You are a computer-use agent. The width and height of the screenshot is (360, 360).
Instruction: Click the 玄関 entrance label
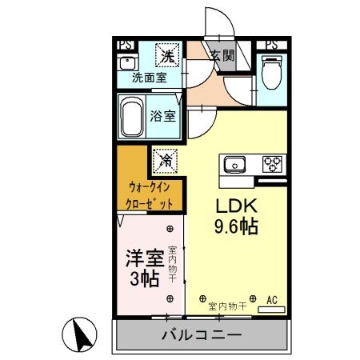point(222,56)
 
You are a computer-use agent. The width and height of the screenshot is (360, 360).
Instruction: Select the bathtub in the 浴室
point(132,118)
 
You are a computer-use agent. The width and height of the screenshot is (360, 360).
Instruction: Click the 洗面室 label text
point(149,78)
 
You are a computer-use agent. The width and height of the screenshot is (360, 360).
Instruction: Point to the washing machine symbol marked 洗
point(166,55)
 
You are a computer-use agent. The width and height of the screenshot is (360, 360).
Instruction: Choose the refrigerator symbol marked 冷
point(166,159)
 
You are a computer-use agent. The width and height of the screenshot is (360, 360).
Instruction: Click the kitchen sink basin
point(234,165)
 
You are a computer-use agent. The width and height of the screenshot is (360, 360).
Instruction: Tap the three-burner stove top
point(272,165)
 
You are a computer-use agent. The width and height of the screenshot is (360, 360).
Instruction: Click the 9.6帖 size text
point(234,226)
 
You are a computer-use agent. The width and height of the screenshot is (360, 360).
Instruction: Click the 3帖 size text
point(144,278)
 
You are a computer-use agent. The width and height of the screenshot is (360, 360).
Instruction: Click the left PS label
point(126,45)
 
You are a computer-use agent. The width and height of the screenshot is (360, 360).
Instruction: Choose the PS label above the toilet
point(272,45)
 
